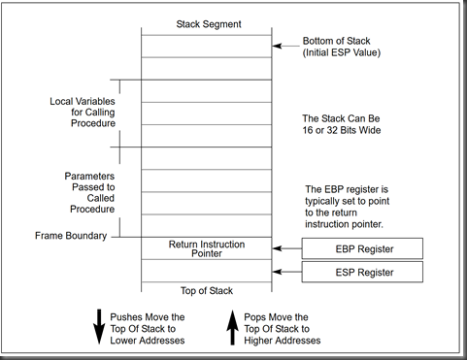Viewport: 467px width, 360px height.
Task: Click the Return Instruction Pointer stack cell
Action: (205, 248)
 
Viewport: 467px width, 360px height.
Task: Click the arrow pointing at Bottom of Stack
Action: (284, 44)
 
